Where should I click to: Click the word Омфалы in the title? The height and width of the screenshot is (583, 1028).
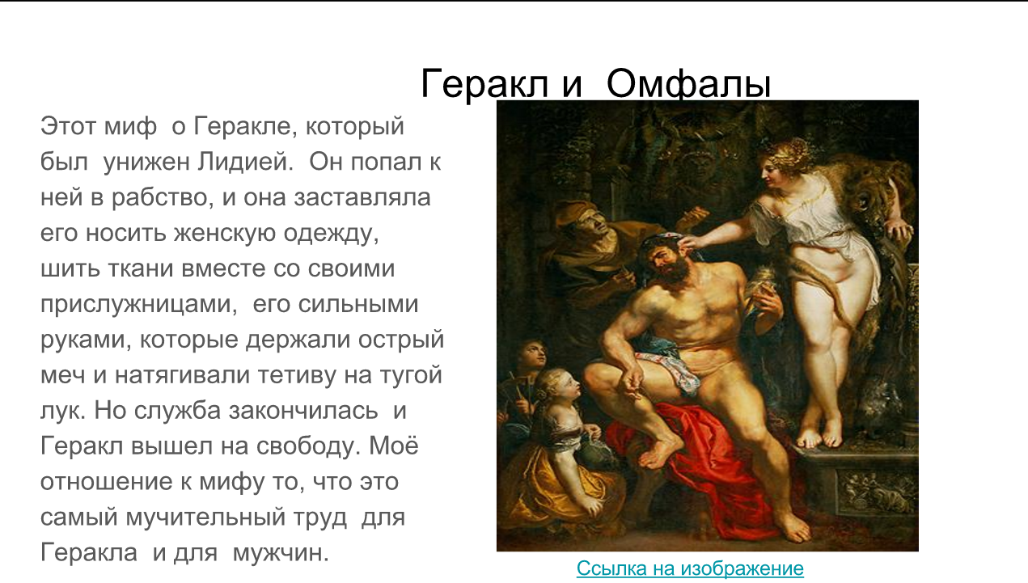click(687, 84)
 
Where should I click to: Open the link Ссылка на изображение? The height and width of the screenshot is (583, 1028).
click(690, 568)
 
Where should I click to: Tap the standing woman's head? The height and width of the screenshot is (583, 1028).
click(781, 156)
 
